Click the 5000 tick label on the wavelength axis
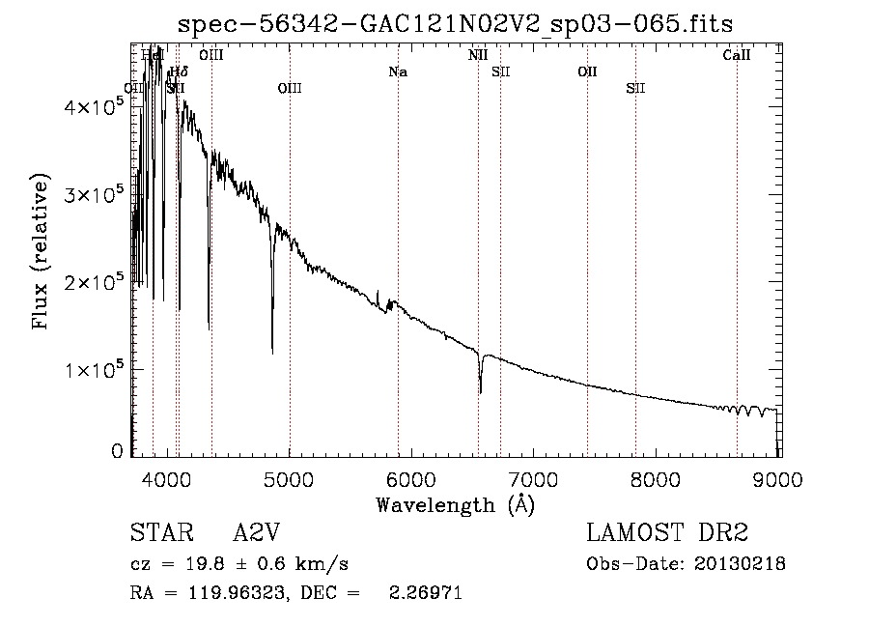tap(290, 480)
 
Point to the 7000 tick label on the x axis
tap(534, 480)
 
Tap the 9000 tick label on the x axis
tap(779, 480)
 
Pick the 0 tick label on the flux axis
tap(117, 450)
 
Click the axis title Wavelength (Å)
tap(456, 504)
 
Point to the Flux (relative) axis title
tap(42, 251)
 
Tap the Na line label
tap(398, 71)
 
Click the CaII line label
tap(737, 56)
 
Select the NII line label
tap(478, 56)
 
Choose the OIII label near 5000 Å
tap(290, 89)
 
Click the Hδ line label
tap(179, 71)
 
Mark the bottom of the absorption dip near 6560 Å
tap(480, 391)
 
